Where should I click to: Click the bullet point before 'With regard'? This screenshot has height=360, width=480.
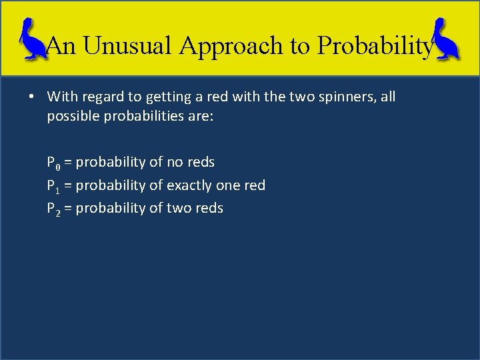[32, 97]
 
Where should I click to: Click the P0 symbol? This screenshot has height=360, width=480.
[53, 163]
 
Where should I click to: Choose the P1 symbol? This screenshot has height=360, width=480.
[53, 185]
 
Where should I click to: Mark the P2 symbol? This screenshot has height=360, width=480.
[53, 209]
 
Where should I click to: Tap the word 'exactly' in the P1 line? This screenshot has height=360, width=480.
[189, 185]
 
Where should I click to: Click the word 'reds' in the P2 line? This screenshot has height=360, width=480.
[209, 208]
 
